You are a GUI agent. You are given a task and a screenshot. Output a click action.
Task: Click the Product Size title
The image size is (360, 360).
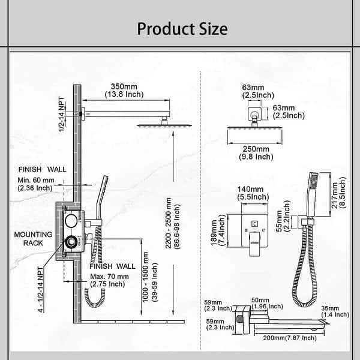point(182,29)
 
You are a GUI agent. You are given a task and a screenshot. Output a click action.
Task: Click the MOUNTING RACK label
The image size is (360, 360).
point(33,239)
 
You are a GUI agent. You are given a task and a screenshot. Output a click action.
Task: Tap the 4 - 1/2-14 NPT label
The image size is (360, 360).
point(41,289)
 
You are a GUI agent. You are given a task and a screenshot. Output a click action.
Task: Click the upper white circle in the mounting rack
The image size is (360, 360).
point(71,221)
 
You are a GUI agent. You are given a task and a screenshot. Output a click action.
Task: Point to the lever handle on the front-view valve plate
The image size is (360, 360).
point(254,244)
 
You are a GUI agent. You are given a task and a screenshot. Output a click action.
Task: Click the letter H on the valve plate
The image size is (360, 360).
point(246,230)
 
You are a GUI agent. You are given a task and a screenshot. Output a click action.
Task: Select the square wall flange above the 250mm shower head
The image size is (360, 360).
point(254,113)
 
